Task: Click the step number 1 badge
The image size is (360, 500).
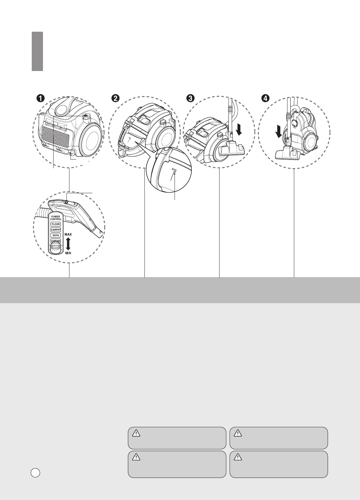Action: (x=40, y=98)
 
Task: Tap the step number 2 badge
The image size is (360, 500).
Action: (x=115, y=98)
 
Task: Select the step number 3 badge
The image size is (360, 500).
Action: (x=190, y=98)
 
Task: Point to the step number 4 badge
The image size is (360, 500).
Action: (x=265, y=98)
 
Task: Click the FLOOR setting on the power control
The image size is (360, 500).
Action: (x=56, y=224)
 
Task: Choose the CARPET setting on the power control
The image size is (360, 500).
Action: (x=56, y=230)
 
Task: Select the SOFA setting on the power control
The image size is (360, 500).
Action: (x=56, y=235)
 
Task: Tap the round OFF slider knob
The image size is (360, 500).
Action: (x=56, y=247)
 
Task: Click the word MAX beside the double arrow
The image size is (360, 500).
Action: (x=68, y=234)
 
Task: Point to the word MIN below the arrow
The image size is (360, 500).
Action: (x=68, y=253)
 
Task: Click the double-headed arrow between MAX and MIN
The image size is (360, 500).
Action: (x=68, y=243)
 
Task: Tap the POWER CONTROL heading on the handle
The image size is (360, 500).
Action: (x=56, y=218)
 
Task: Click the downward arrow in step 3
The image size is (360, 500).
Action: (x=239, y=129)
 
